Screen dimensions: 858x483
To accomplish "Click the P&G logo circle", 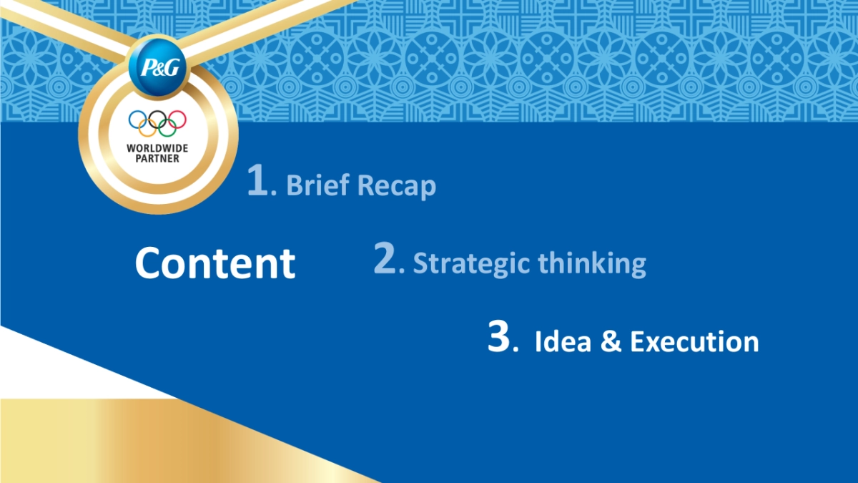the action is click(x=157, y=67).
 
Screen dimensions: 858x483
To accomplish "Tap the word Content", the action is click(x=215, y=263).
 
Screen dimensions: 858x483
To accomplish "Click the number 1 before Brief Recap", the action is click(x=257, y=180).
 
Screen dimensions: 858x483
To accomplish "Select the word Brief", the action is click(x=317, y=185).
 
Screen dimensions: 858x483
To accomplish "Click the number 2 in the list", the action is click(x=385, y=258).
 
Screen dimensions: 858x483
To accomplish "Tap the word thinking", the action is click(x=592, y=264).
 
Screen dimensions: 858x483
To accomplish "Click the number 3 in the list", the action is click(x=499, y=336).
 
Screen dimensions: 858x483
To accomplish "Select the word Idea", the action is click(x=563, y=341).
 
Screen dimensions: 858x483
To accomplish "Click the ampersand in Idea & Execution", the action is click(x=611, y=341).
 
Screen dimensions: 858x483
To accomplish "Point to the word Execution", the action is click(x=694, y=341).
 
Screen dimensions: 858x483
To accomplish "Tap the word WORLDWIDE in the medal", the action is click(x=157, y=148).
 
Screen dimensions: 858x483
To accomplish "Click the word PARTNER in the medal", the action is click(x=157, y=158).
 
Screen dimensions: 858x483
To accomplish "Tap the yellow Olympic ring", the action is click(x=147, y=136).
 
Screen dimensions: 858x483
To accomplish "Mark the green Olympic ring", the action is click(x=167, y=136).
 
